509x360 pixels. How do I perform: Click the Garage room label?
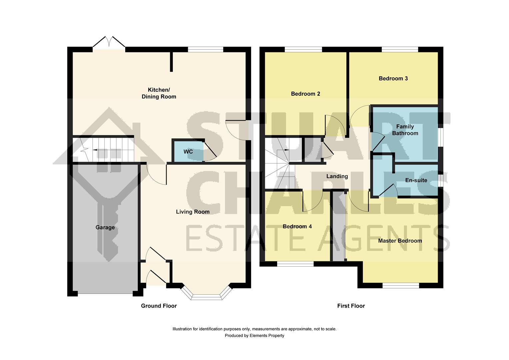point(105,227)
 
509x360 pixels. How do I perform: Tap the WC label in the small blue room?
point(188,152)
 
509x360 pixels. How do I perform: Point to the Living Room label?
point(193,212)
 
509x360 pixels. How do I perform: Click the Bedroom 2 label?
point(305,94)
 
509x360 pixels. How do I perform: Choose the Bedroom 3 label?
point(393,78)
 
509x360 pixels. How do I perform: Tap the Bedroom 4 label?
point(297,226)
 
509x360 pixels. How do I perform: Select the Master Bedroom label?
point(400,241)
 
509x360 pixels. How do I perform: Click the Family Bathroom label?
point(405,130)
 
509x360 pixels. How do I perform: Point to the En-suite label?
point(416,180)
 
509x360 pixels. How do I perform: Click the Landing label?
point(337,176)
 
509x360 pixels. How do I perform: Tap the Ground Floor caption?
point(159,306)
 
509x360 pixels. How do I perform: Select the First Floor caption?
point(351,306)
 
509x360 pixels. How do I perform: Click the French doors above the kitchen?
point(109,42)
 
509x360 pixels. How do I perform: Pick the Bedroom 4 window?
point(295,264)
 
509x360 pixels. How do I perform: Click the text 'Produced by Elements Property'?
point(254,336)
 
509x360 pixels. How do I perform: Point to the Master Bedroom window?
point(400,285)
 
